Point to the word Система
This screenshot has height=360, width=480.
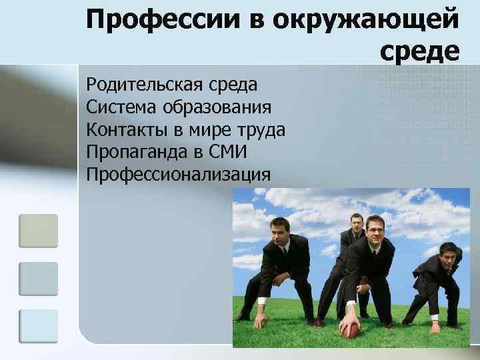pos(117,107)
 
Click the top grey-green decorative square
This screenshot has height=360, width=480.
pos(38,231)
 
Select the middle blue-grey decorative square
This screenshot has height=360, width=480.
pos(38,279)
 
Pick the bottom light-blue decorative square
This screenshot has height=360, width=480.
pos(38,326)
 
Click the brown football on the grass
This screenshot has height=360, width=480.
pos(350,327)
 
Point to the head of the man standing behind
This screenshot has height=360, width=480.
pos(357,223)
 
